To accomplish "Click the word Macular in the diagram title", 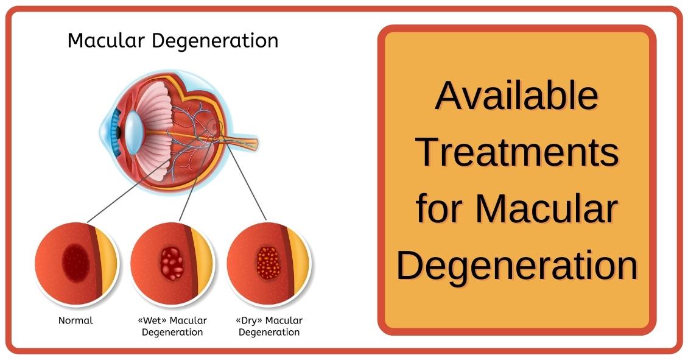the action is (x=106, y=40).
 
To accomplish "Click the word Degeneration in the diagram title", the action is (x=215, y=41).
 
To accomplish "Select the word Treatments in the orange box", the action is (x=517, y=152).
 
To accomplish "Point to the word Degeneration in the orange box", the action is (x=517, y=265).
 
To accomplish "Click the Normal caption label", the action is (x=76, y=320).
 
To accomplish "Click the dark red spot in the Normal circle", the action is (x=76, y=263).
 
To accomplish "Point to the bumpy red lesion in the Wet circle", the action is (x=172, y=263).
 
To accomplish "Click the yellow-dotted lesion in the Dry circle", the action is (x=268, y=263).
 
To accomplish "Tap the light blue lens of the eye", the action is (x=132, y=132).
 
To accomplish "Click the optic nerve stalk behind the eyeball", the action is (x=240, y=143).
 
